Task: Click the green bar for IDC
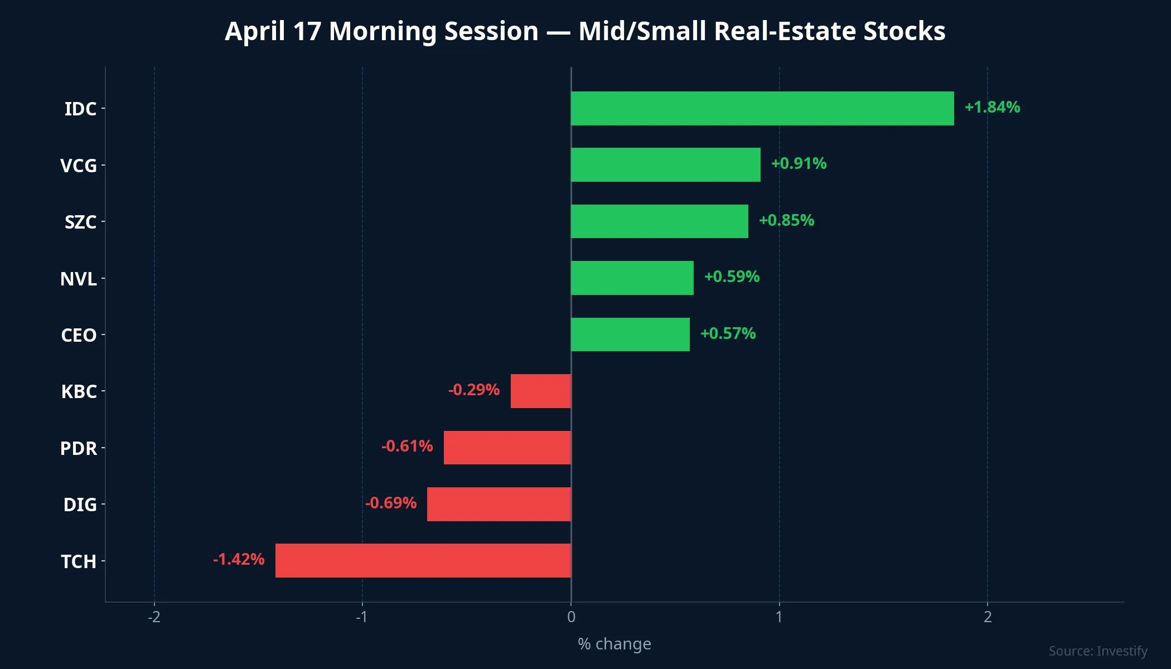click(762, 108)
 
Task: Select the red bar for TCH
click(423, 560)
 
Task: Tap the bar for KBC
click(540, 391)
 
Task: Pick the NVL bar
click(632, 278)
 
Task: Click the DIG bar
click(499, 504)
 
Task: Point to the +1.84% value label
click(992, 107)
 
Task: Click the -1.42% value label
click(239, 559)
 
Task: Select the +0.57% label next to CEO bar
click(728, 333)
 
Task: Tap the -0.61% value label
click(407, 446)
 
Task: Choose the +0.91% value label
click(799, 163)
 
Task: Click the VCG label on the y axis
click(78, 166)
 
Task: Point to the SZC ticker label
click(80, 222)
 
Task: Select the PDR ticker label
click(78, 448)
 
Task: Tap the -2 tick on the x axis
click(154, 617)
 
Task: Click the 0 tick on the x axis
click(571, 617)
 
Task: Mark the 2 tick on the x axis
click(988, 617)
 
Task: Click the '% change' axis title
click(614, 644)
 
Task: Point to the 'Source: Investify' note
click(1097, 651)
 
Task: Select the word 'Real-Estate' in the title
click(785, 31)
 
